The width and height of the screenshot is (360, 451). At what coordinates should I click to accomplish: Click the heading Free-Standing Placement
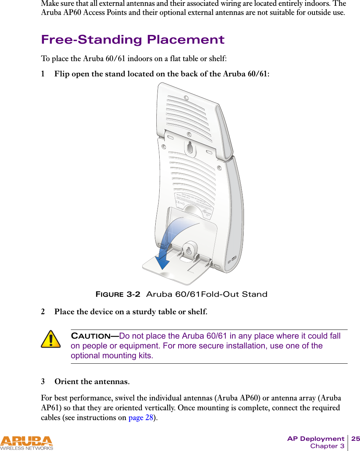133,40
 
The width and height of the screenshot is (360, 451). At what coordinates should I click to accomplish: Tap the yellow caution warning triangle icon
51,339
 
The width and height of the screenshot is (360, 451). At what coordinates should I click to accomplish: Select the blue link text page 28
141,418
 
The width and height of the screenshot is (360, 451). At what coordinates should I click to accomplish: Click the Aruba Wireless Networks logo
27,443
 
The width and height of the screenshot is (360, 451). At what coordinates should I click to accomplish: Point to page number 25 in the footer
355,439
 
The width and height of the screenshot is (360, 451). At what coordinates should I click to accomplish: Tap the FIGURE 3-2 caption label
117,294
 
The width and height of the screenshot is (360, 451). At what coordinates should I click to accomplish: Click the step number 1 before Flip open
43,74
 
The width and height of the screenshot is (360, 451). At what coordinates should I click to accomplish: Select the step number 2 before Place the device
43,312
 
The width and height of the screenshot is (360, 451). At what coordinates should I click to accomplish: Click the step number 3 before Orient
43,382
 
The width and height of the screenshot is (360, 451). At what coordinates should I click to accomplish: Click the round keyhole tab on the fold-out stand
189,250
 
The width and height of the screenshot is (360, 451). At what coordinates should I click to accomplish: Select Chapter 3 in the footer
327,446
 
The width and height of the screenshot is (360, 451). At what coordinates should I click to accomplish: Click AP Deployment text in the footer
316,439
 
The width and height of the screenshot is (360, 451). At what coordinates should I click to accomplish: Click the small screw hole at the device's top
186,98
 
